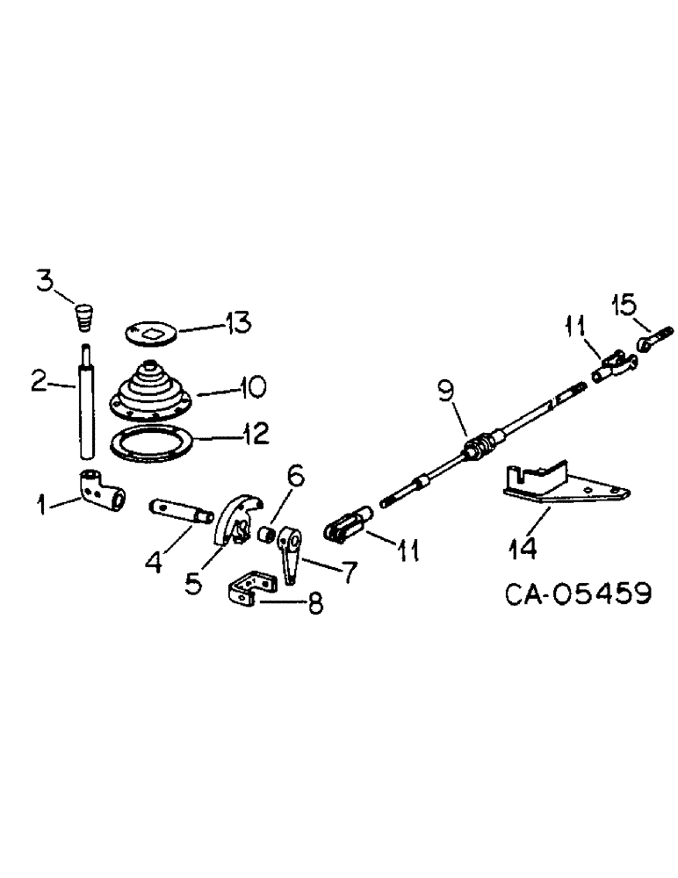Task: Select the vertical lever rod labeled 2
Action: pyautogui.click(x=87, y=404)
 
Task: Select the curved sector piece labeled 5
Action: pyautogui.click(x=238, y=521)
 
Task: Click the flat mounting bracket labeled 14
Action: pyautogui.click(x=562, y=488)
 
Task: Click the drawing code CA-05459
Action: pyautogui.click(x=578, y=594)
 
